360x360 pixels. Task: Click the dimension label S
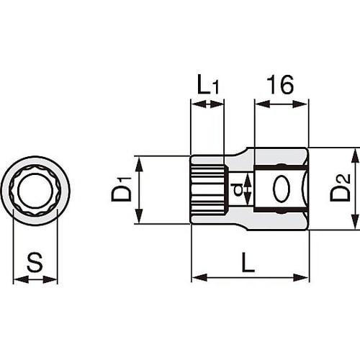[35, 262]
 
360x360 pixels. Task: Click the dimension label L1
[207, 86]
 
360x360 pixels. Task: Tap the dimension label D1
[121, 191]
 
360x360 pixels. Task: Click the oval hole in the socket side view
[282, 189]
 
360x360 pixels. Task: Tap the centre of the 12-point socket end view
[35, 190]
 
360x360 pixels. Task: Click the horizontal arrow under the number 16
[282, 104]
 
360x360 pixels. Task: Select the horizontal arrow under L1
[207, 104]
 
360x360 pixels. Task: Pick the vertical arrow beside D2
[354, 189]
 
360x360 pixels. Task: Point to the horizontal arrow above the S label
[35, 279]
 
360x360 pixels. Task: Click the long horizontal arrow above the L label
[250, 277]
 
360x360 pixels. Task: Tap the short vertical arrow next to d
[247, 189]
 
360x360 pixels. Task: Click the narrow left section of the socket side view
[209, 190]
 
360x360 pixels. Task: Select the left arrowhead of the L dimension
[196, 277]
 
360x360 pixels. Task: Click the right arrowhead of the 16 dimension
[304, 104]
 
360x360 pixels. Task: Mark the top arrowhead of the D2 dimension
[354, 153]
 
